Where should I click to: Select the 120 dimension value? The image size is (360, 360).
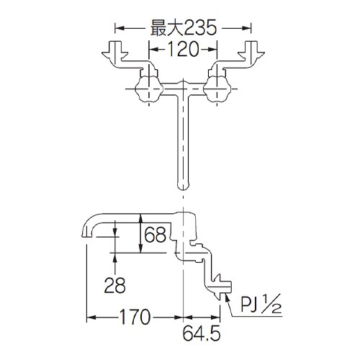[x=183, y=52]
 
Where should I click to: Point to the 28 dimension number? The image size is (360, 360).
[x=115, y=287]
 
